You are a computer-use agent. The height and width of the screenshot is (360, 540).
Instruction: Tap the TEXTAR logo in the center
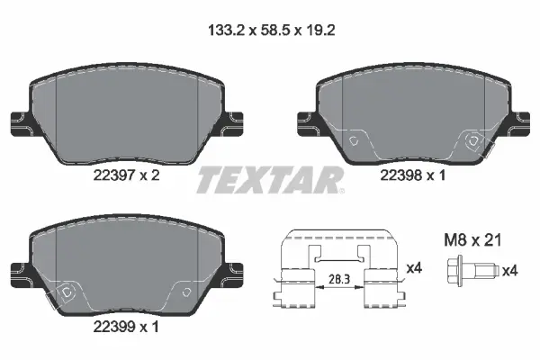269,180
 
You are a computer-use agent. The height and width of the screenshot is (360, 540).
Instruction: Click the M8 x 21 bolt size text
473,240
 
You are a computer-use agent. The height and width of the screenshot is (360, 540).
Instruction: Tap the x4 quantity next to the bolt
508,269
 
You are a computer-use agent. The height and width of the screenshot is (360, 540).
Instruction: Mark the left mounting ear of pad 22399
17,269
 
